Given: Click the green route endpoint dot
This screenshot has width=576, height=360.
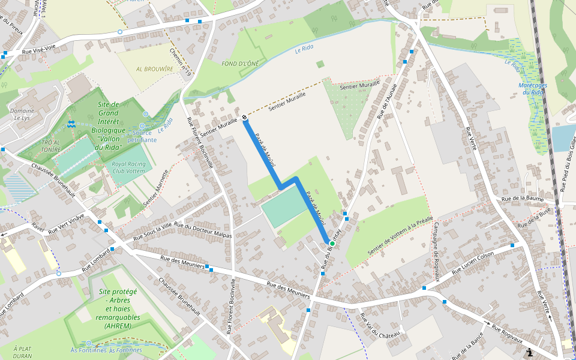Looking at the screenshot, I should click(332, 244).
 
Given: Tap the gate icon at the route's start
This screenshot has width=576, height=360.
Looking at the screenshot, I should click(245, 117).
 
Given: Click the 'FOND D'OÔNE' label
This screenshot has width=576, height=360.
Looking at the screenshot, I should click(240, 64).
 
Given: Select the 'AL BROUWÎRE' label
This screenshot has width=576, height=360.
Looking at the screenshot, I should click(154, 69).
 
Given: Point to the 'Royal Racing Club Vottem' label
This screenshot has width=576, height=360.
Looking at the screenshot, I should click(129, 167).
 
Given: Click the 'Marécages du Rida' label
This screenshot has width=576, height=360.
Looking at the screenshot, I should click(533, 89).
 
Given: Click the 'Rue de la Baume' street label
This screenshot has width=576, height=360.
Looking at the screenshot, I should click(522, 198).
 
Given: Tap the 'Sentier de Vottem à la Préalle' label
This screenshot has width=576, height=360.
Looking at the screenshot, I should click(400, 236).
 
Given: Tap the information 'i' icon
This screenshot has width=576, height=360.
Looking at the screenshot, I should click(529, 353).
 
